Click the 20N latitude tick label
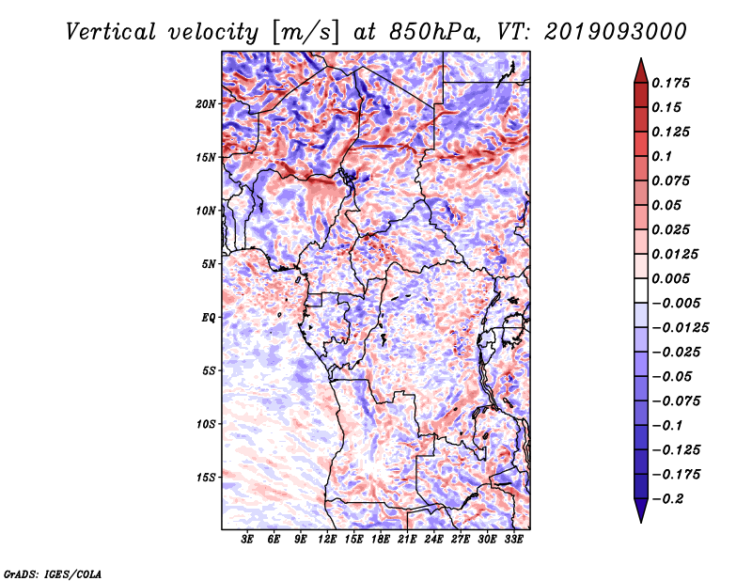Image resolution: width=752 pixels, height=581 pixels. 206,104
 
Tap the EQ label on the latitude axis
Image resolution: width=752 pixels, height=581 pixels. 209,318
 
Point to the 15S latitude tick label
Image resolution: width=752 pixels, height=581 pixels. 206,478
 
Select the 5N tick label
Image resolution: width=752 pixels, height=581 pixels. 209,264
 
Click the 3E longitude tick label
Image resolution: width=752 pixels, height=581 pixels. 247,540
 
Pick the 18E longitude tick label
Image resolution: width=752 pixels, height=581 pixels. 381,540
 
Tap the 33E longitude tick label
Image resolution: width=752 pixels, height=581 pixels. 513,540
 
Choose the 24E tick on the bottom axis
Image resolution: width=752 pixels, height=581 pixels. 433,540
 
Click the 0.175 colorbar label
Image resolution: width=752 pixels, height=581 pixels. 670,83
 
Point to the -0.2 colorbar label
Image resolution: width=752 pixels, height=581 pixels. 667,499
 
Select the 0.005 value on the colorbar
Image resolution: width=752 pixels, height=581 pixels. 670,278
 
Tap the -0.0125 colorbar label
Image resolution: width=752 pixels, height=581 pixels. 680,328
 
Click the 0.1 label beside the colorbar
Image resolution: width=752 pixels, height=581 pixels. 662,156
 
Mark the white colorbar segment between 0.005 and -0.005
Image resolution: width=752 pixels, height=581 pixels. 641,290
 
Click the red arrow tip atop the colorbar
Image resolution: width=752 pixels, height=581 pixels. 641,58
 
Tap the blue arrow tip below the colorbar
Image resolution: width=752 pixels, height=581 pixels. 641,522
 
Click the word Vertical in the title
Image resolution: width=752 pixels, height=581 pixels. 111,32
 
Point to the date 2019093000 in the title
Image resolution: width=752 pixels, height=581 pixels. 616,32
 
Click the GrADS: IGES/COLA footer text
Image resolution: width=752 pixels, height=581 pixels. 53,573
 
